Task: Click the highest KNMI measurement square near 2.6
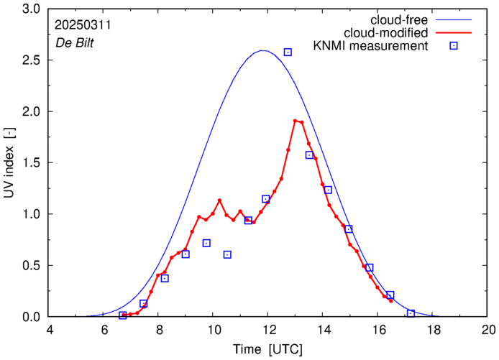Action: pos(288,52)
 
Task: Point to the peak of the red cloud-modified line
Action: pos(296,121)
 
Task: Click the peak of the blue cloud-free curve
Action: pos(262,50)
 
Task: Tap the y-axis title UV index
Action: pos(9,163)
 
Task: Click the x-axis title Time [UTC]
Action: pos(268,350)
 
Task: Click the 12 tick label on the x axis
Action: pos(268,330)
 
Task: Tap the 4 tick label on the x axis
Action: pos(49,330)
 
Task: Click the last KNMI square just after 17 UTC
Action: pos(411,313)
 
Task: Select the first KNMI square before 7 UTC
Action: pos(122,315)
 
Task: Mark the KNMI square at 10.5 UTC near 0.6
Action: pos(227,254)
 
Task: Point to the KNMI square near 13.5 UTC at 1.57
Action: pos(309,155)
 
